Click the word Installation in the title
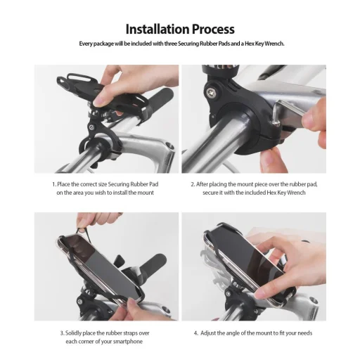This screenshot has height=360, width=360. pos(157,30)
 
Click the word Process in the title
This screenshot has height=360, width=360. pos(213,30)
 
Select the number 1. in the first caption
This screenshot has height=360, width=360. pos(54,184)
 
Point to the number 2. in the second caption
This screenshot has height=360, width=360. pos(193,184)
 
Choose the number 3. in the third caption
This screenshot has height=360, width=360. pos(62,333)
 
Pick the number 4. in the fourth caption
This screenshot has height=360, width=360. pos(196,333)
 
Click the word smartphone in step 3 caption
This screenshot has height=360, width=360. pos(128,342)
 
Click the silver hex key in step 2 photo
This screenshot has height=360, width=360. pos(290,110)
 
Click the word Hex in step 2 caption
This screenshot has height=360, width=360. pos(271,193)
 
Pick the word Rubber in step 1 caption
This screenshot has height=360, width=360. pos(139,184)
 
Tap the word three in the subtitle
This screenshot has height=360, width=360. pos(171,44)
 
